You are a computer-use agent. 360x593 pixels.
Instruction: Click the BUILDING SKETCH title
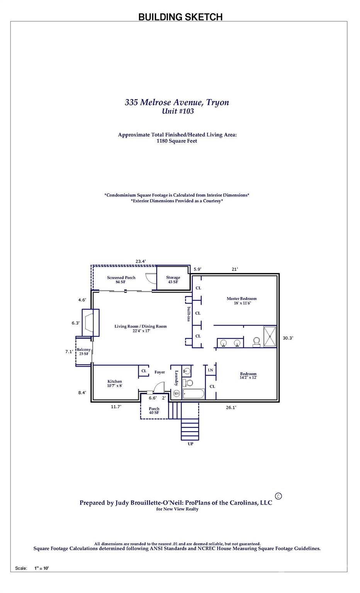pos(180,17)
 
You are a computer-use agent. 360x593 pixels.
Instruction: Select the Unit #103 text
pos(178,112)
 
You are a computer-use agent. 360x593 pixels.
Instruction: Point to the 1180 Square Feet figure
pos(177,141)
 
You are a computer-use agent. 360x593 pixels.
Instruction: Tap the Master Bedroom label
pos(241,298)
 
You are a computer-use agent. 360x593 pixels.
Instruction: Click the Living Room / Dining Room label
pos(141,326)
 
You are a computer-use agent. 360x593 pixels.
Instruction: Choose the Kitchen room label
pos(115,381)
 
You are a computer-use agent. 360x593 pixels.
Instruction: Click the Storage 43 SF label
pos(173,280)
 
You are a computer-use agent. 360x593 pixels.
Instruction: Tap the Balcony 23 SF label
pos(83,351)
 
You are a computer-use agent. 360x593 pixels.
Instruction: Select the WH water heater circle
pos(177,393)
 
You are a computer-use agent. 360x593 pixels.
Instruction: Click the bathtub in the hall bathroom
pos(194,394)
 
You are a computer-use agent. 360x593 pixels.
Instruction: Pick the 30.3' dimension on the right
pos(288,338)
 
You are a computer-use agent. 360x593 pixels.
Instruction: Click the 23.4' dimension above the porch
pos(141,261)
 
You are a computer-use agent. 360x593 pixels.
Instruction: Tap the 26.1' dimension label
pos(231,407)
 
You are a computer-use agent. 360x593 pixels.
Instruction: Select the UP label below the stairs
pos(190,444)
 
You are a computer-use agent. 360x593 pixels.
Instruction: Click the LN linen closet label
pos(211,370)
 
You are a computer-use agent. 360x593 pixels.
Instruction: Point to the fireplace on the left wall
pos(90,323)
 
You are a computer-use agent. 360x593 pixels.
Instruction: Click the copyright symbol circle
pos(278,496)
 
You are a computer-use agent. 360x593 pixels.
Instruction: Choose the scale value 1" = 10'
pos(41,568)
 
